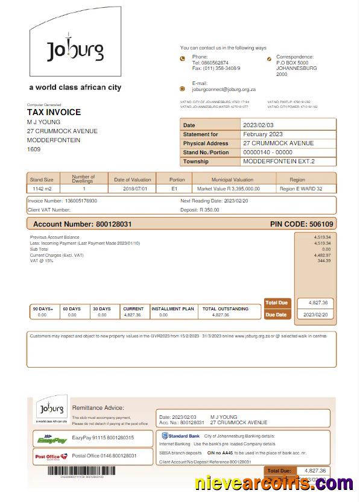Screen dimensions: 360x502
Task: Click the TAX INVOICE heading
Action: click(54, 112)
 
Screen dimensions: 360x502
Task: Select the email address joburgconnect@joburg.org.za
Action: click(224, 89)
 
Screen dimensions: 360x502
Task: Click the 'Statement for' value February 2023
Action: click(263, 134)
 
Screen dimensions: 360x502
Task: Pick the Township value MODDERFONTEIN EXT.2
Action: click(279, 162)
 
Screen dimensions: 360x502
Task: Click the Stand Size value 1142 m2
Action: click(42, 189)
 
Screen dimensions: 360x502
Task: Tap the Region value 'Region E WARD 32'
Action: click(301, 189)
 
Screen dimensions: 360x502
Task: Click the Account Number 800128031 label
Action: click(82, 224)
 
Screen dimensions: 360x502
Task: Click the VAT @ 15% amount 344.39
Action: click(324, 260)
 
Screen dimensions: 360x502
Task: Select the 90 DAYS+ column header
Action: click(43, 309)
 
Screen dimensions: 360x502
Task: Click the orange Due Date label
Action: click(276, 315)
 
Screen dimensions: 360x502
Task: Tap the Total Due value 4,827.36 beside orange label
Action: click(317, 303)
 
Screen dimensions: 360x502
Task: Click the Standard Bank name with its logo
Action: click(180, 435)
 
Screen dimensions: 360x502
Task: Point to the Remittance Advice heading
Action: click(98, 408)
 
